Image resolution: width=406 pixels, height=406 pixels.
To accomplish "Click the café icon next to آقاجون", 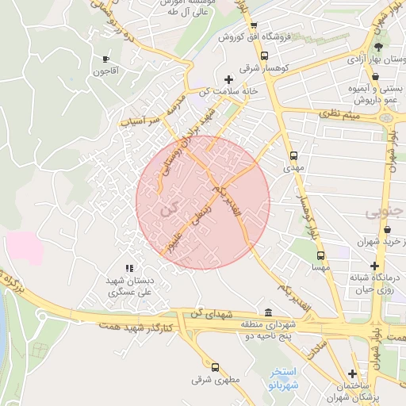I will (x=105, y=59).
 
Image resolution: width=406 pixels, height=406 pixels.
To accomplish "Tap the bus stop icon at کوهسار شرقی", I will (x=264, y=56).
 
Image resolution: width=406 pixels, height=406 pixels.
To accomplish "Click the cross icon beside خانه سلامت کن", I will (x=229, y=79).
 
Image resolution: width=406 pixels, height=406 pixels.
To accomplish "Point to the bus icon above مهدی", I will (x=293, y=155).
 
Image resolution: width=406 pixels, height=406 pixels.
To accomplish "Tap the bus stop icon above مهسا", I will (x=320, y=256).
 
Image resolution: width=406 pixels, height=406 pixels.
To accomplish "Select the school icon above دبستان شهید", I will (x=129, y=269).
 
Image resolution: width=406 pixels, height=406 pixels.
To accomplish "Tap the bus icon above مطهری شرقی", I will (x=215, y=366).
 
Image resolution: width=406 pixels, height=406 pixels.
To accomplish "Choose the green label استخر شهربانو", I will (x=282, y=377).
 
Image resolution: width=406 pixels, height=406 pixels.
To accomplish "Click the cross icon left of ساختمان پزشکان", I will (x=352, y=373).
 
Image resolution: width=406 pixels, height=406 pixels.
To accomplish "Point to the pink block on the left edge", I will (x=24, y=247).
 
